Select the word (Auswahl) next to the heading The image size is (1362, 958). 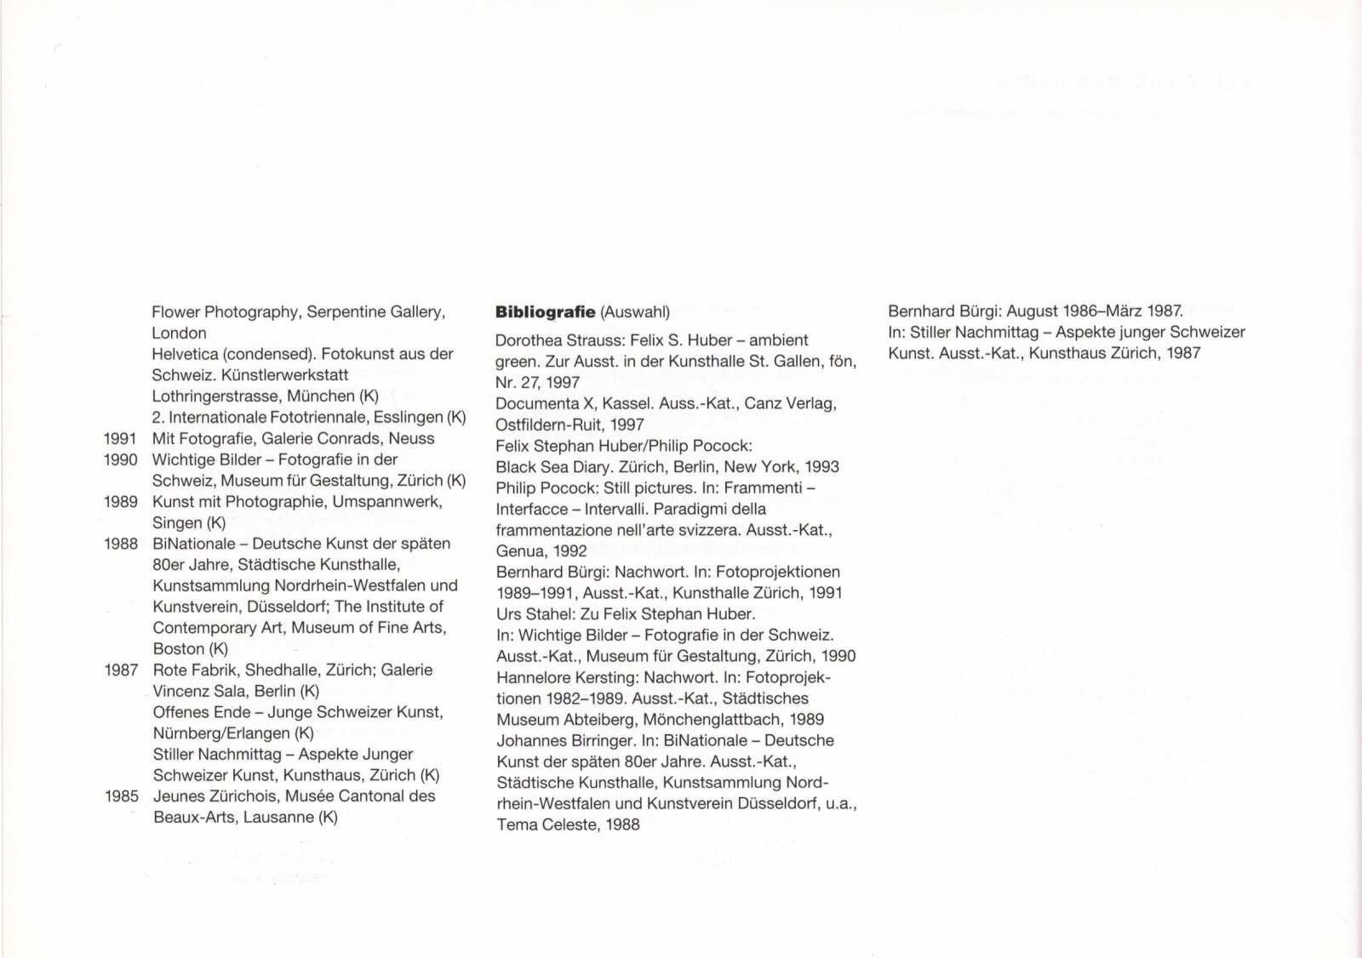pos(635,312)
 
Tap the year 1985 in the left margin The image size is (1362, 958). pos(121,796)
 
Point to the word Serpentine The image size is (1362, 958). pos(348,312)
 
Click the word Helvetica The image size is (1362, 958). pos(183,354)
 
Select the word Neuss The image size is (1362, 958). pos(413,438)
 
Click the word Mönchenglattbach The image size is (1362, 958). pos(684,719)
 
